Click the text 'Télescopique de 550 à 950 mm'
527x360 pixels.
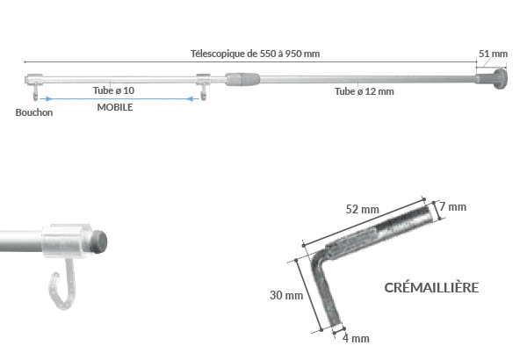[255, 53]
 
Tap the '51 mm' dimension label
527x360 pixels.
[493, 53]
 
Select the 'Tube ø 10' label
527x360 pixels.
[113, 90]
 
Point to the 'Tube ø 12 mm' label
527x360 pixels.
[364, 90]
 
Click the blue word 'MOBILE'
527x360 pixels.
[114, 107]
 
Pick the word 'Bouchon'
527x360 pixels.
[33, 112]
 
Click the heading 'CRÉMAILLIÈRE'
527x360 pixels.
[431, 287]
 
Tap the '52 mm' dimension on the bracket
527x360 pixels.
[362, 209]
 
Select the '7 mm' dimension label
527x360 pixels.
[453, 207]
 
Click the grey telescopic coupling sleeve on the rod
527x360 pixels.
[243, 79]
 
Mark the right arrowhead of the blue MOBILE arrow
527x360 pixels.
[191, 98]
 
